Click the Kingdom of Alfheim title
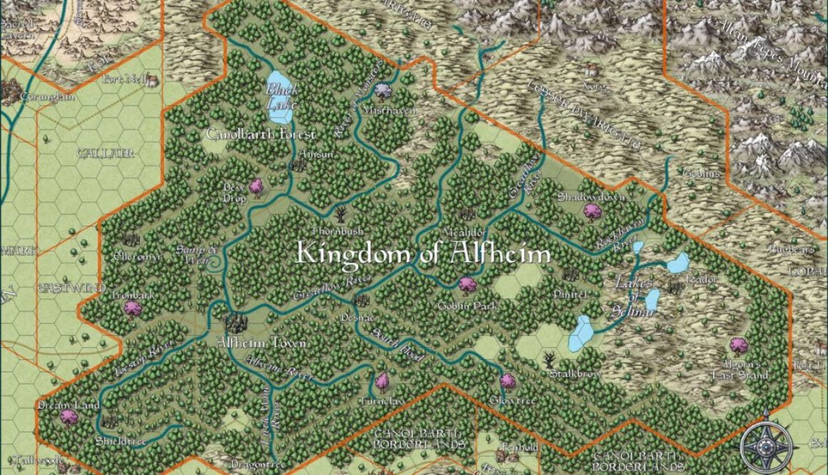click(x=423, y=254)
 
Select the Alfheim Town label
click(x=261, y=344)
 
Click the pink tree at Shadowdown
click(x=591, y=211)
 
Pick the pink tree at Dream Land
click(x=69, y=416)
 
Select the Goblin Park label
click(x=467, y=306)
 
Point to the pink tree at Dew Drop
click(x=256, y=186)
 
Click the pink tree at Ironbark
click(x=132, y=309)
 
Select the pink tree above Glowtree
click(x=508, y=381)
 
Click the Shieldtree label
click(x=121, y=441)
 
